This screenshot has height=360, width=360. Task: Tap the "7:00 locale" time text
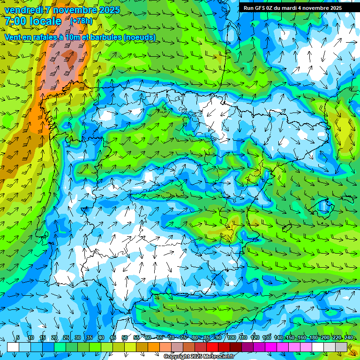(x=33, y=21)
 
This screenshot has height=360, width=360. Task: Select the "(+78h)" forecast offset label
(x=81, y=21)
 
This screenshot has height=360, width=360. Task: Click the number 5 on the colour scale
(x=18, y=338)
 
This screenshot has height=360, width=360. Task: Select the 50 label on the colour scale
(x=125, y=338)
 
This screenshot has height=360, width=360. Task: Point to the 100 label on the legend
(x=231, y=338)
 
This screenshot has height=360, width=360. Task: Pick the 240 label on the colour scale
(x=348, y=338)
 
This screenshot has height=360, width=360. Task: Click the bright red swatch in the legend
(x=212, y=347)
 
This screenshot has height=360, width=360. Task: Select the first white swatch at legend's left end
(x=13, y=347)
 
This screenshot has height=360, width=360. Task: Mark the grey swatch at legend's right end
(x=341, y=347)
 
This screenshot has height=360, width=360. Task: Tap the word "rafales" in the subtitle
(x=42, y=37)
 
